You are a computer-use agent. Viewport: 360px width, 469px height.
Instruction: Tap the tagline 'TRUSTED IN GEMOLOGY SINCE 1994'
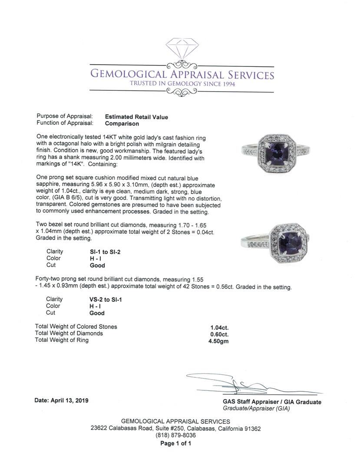pos(182,83)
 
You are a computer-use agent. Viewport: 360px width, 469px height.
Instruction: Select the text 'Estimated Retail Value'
pos(136,117)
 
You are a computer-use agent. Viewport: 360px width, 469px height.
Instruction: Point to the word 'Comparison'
pos(122,123)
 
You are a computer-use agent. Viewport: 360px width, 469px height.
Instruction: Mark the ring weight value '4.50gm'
pos(218,341)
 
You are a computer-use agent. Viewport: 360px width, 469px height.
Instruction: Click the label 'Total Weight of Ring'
pos(62,340)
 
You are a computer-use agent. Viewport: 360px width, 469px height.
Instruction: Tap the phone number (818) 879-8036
pos(175,436)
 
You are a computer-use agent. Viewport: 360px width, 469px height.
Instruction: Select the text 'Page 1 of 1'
pos(175,443)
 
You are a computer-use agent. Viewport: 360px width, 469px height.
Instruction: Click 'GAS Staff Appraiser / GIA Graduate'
pos(272,402)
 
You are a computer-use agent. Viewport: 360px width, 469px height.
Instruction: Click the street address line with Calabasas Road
pos(175,429)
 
